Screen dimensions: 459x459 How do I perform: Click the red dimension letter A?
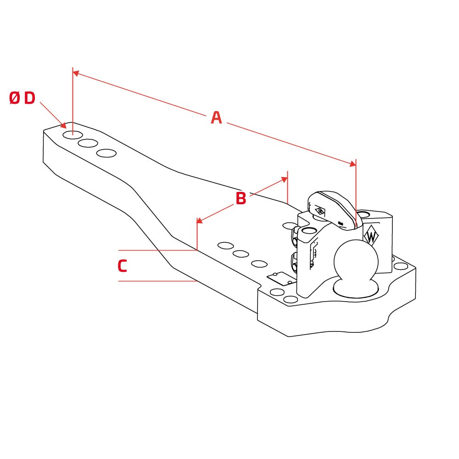coord(216,118)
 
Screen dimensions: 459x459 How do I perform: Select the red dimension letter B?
coord(241,198)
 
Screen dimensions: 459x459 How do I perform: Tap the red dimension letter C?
coord(123,266)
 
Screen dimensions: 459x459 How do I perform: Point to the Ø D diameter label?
coord(22,98)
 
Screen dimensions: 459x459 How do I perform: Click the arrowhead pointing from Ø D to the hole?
coord(62,125)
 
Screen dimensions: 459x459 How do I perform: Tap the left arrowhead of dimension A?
coord(76,73)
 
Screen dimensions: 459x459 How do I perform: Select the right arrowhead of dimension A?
coord(353,164)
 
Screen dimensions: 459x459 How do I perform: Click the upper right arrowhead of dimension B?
coord(284,179)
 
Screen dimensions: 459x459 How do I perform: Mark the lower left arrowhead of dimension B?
coord(200,220)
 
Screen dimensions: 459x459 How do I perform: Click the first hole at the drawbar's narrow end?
coord(73,135)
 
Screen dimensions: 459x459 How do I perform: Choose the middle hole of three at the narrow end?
coord(88,143)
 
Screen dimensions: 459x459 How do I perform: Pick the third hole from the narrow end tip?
coord(106,153)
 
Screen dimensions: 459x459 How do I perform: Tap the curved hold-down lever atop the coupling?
coord(332,209)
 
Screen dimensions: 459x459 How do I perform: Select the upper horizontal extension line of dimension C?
coord(157,250)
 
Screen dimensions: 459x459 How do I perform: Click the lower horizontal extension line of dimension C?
coord(157,281)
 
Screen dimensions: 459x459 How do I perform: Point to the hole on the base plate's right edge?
coord(401,266)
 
